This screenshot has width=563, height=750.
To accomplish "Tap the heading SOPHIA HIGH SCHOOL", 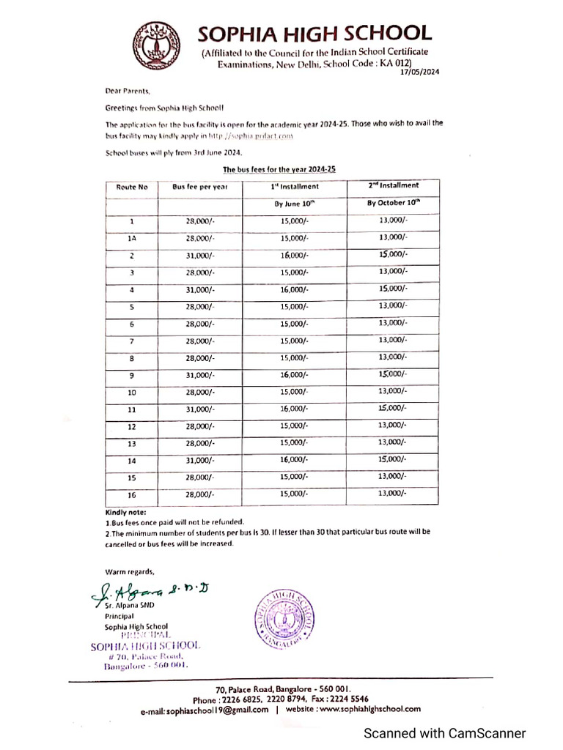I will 314,33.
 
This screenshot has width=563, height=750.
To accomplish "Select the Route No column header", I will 132,187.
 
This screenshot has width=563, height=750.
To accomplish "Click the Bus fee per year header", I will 200,187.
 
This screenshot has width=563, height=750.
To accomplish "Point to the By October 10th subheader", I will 394,203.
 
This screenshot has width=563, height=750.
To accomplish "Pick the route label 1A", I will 132,238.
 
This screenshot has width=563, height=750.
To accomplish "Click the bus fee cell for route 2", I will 200,255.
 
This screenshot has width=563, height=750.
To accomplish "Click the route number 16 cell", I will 132,495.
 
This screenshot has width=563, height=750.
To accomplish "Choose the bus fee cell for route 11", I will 200,409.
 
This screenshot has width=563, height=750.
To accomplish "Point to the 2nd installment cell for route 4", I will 393,289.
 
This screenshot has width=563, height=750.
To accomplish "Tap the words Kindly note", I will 125,513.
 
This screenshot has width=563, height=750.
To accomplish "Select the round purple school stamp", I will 287,617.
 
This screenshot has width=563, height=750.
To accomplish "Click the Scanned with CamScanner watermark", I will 445,733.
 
